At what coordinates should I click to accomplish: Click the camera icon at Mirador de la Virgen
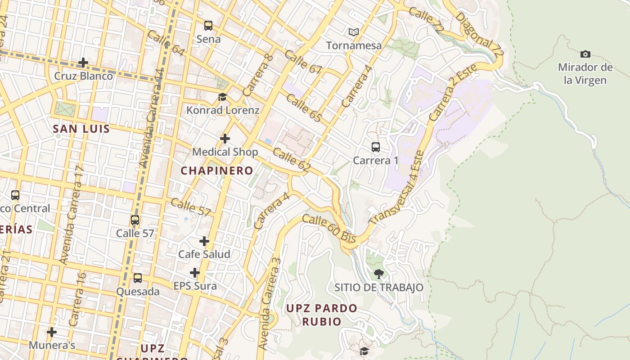click(585, 54)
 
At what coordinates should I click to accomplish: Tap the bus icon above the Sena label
click(208, 26)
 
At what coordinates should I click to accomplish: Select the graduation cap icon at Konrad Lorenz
click(222, 97)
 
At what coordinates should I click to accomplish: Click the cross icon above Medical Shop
click(225, 139)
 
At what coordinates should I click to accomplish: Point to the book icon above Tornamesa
click(354, 32)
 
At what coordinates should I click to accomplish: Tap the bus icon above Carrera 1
click(375, 147)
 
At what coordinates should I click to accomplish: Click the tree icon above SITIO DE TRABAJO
click(378, 274)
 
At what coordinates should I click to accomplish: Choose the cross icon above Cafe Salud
click(204, 241)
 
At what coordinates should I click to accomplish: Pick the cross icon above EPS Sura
click(195, 273)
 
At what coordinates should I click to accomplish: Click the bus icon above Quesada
click(138, 278)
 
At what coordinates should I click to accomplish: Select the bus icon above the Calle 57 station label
click(135, 220)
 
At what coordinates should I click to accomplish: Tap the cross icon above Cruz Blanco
click(83, 63)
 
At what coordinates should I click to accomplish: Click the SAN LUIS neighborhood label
click(81, 129)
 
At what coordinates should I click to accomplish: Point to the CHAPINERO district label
click(217, 171)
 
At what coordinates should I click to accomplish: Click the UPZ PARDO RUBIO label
click(322, 315)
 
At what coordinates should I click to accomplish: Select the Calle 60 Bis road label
click(329, 229)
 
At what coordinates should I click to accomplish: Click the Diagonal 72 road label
click(479, 34)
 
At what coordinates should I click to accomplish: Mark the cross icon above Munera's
click(52, 332)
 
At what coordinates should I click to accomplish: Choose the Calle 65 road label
click(304, 108)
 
